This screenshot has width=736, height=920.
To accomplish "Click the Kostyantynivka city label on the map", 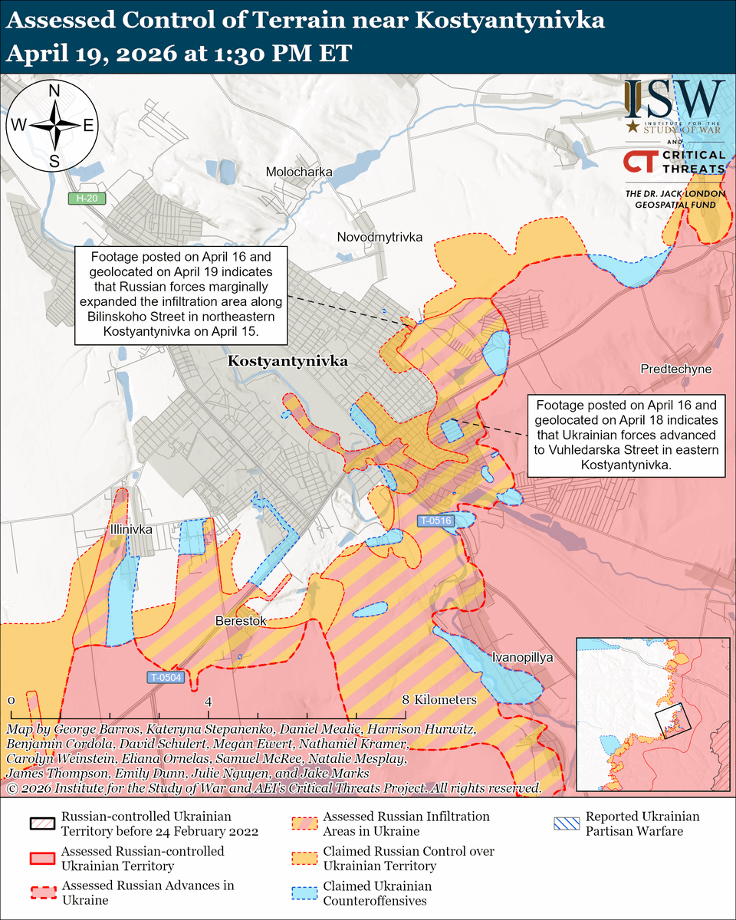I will tap(287, 360).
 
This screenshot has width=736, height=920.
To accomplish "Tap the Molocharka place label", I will tap(299, 172).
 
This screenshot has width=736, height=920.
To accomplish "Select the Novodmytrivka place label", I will tap(379, 238).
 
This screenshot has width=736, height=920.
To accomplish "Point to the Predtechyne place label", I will tap(676, 370).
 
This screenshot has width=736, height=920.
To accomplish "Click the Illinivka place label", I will tap(130, 530).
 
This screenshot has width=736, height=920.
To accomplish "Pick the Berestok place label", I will tap(241, 621).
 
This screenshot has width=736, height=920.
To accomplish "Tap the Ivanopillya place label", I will tap(522, 657).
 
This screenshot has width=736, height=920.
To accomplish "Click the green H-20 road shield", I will tap(86, 199).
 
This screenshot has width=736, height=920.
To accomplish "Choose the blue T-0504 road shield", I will tap(166, 678).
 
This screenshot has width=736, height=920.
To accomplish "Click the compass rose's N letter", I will tap(54, 91).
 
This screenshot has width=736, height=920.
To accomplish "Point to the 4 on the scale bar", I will tap(208, 701).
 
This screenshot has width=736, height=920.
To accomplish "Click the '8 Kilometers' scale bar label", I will tap(439, 699).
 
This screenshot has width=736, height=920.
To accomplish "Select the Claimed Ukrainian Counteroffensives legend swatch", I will tap(305, 892).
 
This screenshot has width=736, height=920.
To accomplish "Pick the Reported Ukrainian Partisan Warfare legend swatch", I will tap(567, 824).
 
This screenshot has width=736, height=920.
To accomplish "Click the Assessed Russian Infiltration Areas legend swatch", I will tap(305, 824).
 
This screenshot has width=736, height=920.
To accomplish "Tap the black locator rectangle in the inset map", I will tap(673, 721).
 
